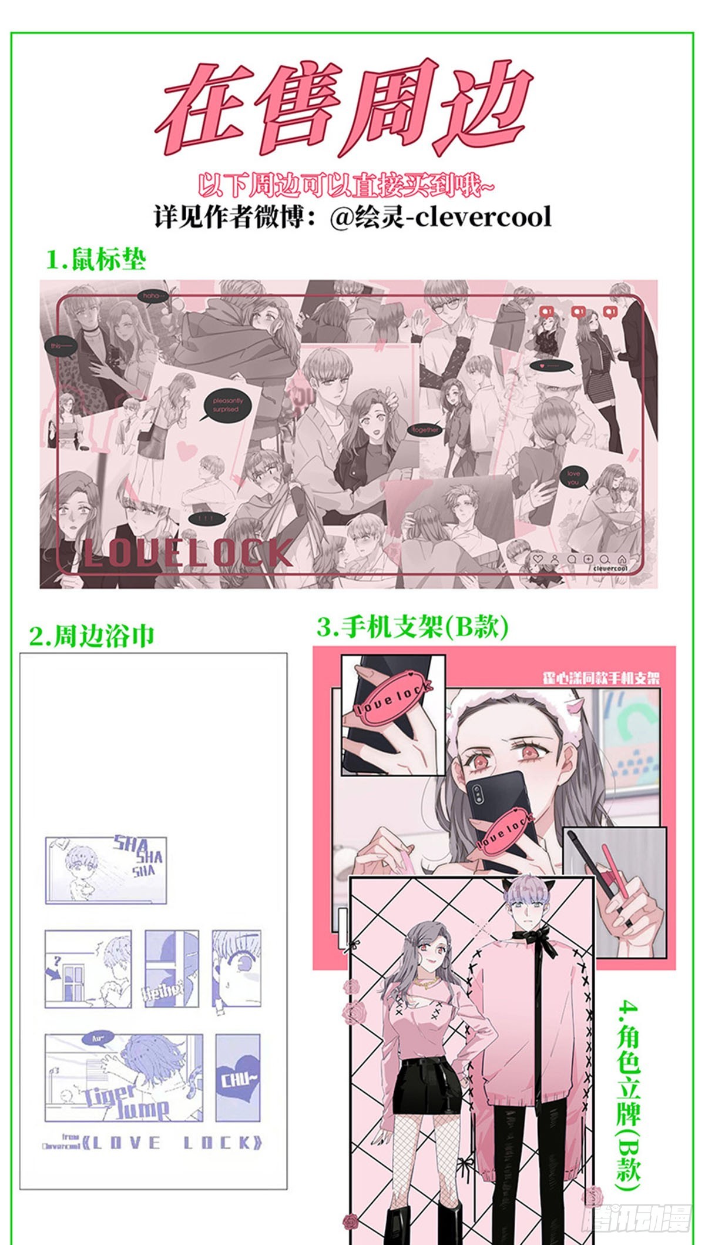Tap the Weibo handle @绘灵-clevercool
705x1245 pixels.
pos(441,217)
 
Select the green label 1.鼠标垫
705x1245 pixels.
pos(96,259)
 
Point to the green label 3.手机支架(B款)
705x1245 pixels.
pos(412,627)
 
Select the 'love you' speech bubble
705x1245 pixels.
pos(573,477)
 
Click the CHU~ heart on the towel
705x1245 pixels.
pos(239,1080)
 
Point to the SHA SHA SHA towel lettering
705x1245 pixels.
pos(139,855)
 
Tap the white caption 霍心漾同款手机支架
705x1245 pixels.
pos(600,677)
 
